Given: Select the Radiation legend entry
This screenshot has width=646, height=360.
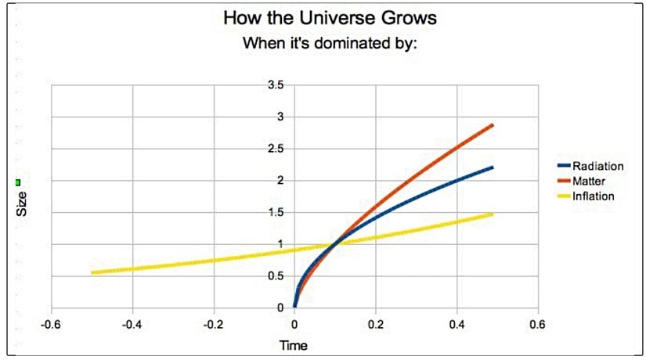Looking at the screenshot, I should (x=597, y=166).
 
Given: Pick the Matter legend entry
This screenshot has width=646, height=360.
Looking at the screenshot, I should (x=590, y=181).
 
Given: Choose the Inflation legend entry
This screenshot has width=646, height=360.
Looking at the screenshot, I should (x=593, y=196).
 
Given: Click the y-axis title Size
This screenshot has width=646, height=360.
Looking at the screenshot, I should (x=23, y=204).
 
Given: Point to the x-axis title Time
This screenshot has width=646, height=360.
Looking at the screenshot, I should (x=294, y=345).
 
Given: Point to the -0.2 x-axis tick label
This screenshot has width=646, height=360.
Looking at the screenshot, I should (x=213, y=324).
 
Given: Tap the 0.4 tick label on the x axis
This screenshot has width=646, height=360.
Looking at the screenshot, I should (x=457, y=324).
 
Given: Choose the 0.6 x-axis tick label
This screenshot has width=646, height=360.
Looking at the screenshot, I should (x=537, y=324).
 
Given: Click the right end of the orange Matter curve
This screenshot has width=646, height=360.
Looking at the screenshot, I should (x=493, y=125).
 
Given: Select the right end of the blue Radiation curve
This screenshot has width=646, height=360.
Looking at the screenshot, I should (x=493, y=167).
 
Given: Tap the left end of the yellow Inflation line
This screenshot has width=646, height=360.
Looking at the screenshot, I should (x=92, y=272).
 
